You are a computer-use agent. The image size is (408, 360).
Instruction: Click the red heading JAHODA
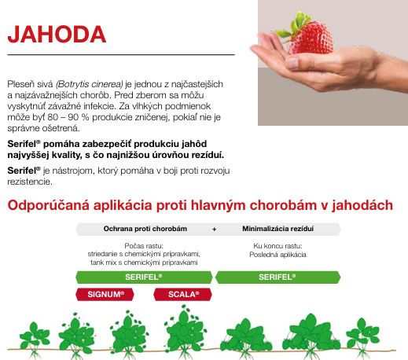click(x=57, y=35)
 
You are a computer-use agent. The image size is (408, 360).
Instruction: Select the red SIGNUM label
click(x=105, y=294)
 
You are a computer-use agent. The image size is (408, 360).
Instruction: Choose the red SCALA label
click(x=183, y=294)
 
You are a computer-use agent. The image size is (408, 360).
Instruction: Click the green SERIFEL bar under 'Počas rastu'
click(x=144, y=277)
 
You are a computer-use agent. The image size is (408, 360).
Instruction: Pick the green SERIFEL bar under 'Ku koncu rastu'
click(x=278, y=277)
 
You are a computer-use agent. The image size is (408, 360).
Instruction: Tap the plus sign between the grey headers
click(x=214, y=230)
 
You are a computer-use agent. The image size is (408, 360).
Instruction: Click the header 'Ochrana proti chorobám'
click(x=145, y=229)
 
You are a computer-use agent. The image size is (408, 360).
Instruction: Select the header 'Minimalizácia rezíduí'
click(x=278, y=229)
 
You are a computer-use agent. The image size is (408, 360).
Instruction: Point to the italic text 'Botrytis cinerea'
click(x=90, y=84)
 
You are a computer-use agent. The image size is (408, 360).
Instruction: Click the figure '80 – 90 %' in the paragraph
click(x=68, y=117)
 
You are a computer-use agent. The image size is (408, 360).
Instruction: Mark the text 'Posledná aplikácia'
click(x=278, y=255)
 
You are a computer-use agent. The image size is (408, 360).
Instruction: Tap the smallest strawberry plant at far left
click(x=35, y=340)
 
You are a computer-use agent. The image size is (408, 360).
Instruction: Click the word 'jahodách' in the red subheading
click(x=362, y=205)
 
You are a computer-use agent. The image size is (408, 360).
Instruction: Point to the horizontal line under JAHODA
click(x=121, y=55)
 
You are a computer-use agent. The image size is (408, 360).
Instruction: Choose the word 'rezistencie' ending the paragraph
click(x=30, y=182)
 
